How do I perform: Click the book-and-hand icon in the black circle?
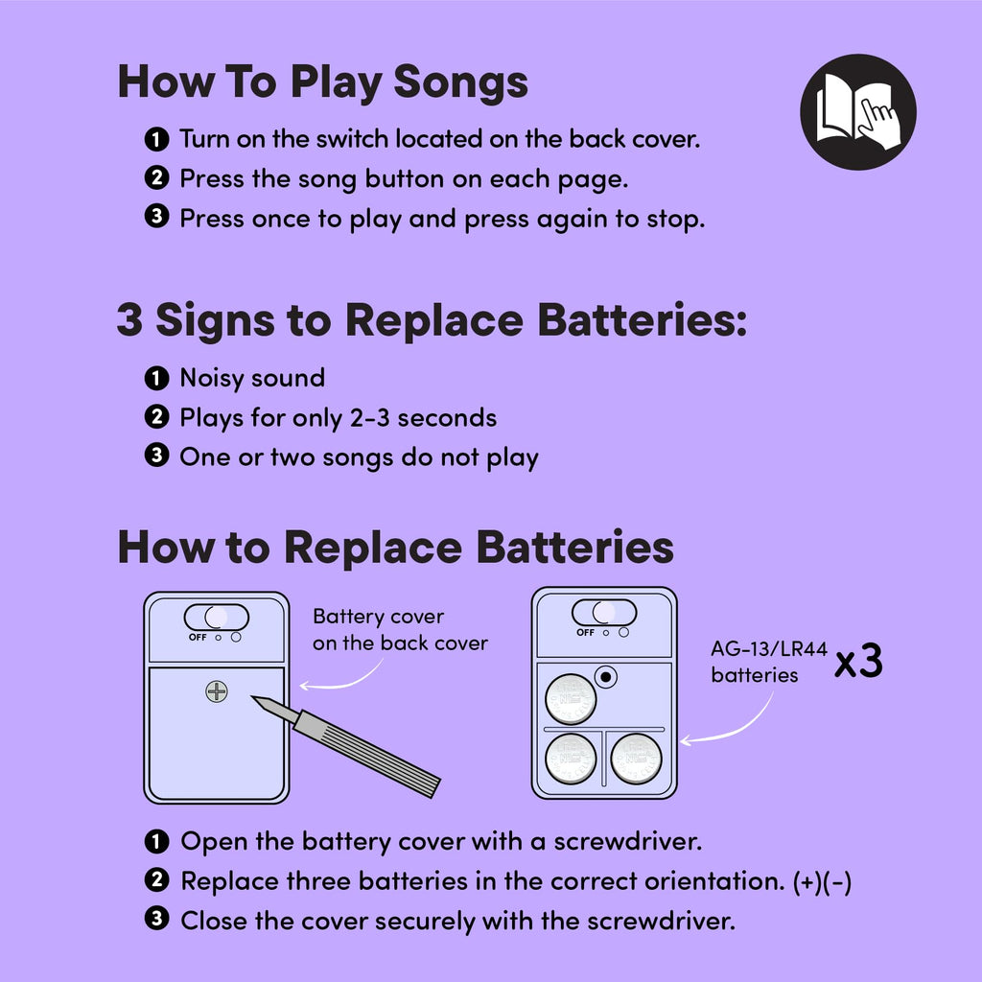(x=858, y=112)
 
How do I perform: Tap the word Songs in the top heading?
(x=460, y=82)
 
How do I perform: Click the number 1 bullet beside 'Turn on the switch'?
(x=156, y=139)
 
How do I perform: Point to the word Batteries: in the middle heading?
(x=642, y=320)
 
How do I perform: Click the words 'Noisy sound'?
(x=252, y=378)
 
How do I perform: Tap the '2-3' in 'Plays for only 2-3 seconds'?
(x=369, y=418)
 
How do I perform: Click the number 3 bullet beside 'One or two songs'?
(x=156, y=456)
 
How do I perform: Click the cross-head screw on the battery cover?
(x=217, y=691)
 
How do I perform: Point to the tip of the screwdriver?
(x=252, y=696)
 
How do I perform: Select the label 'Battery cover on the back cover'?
(x=400, y=629)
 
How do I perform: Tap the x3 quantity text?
(x=858, y=662)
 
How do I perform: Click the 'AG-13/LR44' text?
(x=769, y=649)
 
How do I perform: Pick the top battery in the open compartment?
(x=571, y=699)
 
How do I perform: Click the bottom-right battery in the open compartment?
(x=636, y=760)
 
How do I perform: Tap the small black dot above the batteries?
(x=606, y=677)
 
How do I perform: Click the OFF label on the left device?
(x=198, y=637)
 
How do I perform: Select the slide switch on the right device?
(x=604, y=612)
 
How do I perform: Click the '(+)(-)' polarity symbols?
(x=822, y=882)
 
